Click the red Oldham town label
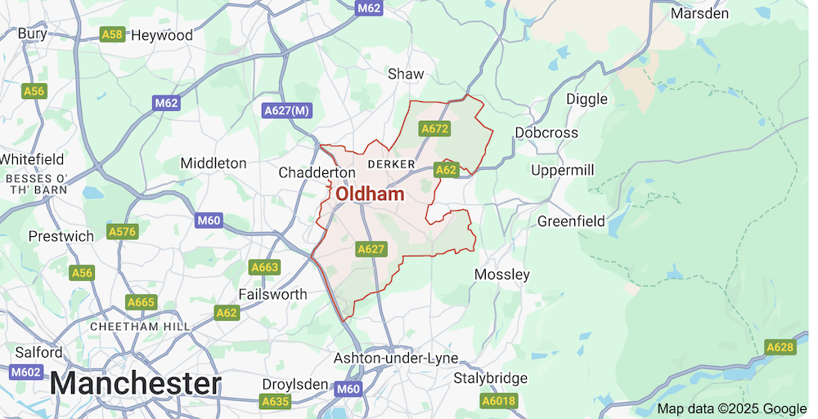(370, 194)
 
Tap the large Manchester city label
(136, 383)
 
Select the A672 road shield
(434, 129)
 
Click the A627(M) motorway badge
(287, 110)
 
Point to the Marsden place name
(699, 14)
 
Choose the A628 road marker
(780, 348)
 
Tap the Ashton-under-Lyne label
(395, 359)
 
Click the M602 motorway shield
(26, 372)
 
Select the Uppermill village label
(563, 170)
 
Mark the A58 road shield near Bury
(112, 34)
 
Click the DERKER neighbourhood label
(387, 165)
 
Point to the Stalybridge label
(491, 378)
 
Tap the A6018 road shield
(498, 401)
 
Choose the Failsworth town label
(272, 294)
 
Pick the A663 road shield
(265, 267)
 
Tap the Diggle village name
(587, 99)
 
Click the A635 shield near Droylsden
(276, 401)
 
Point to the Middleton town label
(213, 163)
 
